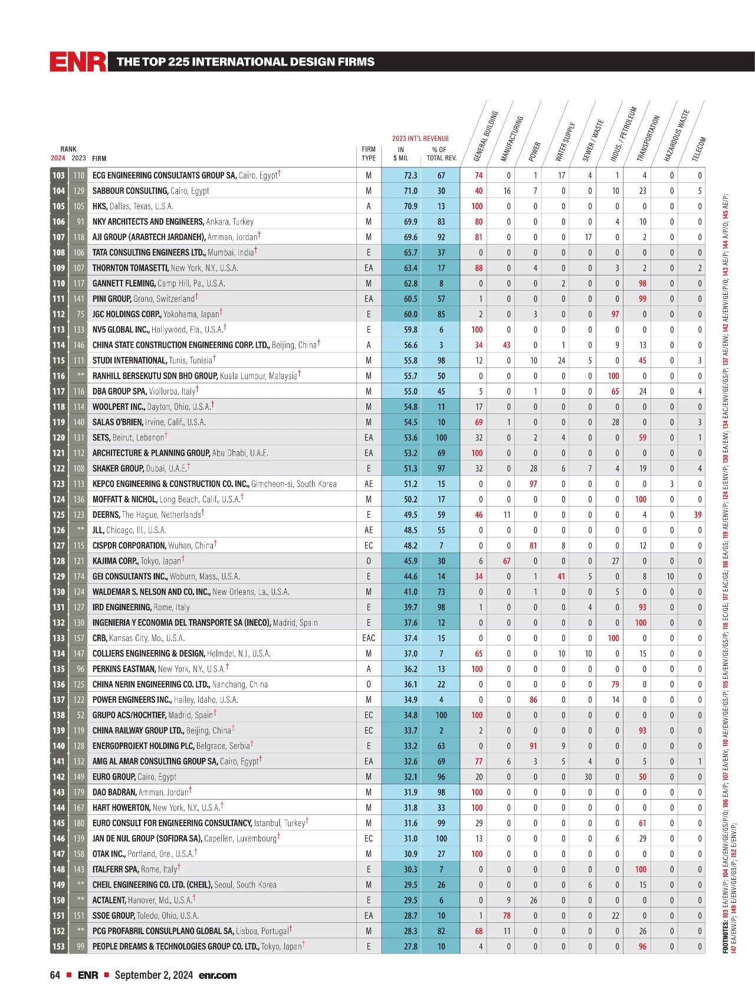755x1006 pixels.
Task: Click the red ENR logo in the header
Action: click(78, 62)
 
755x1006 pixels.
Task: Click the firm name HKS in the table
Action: click(100, 206)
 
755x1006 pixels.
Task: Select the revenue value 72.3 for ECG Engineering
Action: click(411, 176)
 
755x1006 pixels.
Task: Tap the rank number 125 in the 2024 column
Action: click(58, 515)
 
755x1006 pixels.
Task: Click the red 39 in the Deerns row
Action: click(698, 515)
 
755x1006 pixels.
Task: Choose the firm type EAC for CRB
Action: click(369, 638)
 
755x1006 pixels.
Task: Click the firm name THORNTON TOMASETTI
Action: click(130, 268)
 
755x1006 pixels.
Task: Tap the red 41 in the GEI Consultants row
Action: click(562, 576)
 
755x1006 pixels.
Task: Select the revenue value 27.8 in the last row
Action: click(411, 946)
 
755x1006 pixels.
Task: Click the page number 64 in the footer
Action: click(55, 975)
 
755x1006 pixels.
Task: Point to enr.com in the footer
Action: click(218, 975)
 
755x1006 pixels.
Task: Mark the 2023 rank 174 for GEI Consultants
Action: click(78, 576)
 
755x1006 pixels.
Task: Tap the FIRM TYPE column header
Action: click(369, 154)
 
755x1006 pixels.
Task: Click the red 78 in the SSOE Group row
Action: click(506, 916)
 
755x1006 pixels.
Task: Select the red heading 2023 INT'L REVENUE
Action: click(421, 139)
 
